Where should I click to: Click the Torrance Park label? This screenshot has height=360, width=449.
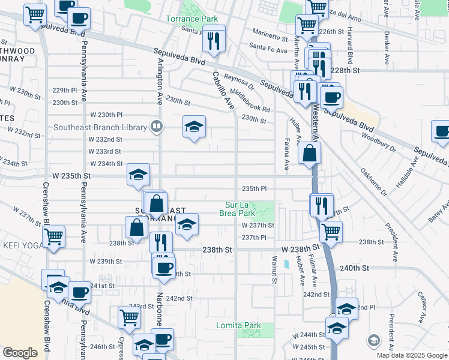pos(192,19)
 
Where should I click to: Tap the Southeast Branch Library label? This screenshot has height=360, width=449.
pos(100,127)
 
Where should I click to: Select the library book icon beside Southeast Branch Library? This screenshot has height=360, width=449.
pos(156,127)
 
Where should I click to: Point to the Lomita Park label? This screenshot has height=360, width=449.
pos(238,326)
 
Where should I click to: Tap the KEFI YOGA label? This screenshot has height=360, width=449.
pos(23,245)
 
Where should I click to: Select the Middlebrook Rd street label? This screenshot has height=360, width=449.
pos(250,101)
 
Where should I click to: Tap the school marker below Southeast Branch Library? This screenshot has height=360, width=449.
pos(194,127)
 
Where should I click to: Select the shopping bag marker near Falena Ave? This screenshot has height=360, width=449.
pos(309,153)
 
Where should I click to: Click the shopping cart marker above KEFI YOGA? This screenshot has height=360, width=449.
pos(54,238)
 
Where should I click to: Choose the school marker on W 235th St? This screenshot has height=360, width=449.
pos(138,175)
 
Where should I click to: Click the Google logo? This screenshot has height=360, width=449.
pos(20,353)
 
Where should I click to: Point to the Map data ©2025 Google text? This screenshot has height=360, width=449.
pos(412,355)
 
